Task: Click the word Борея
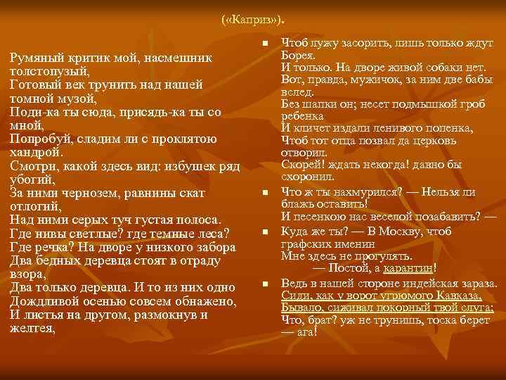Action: click(x=298, y=56)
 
